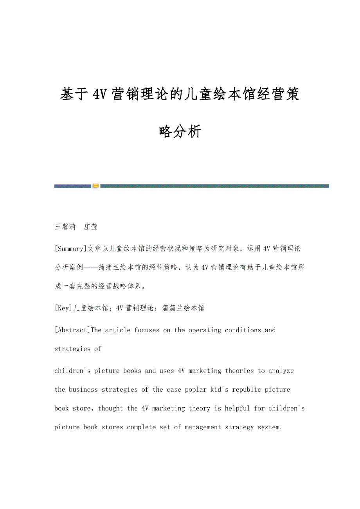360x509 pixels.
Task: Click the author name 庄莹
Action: coord(91,227)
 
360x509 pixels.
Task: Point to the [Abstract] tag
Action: coord(72,330)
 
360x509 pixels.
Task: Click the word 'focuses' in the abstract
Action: coord(147,330)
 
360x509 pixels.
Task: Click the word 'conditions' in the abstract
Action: coord(243,330)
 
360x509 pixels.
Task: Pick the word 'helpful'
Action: coord(237,409)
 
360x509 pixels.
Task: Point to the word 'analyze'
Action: coord(281,371)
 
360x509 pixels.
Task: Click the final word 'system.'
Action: coord(269,427)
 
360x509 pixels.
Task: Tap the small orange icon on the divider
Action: coord(95,186)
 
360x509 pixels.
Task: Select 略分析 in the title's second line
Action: coord(180,132)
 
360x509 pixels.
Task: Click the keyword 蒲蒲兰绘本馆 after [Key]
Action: coord(183,308)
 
